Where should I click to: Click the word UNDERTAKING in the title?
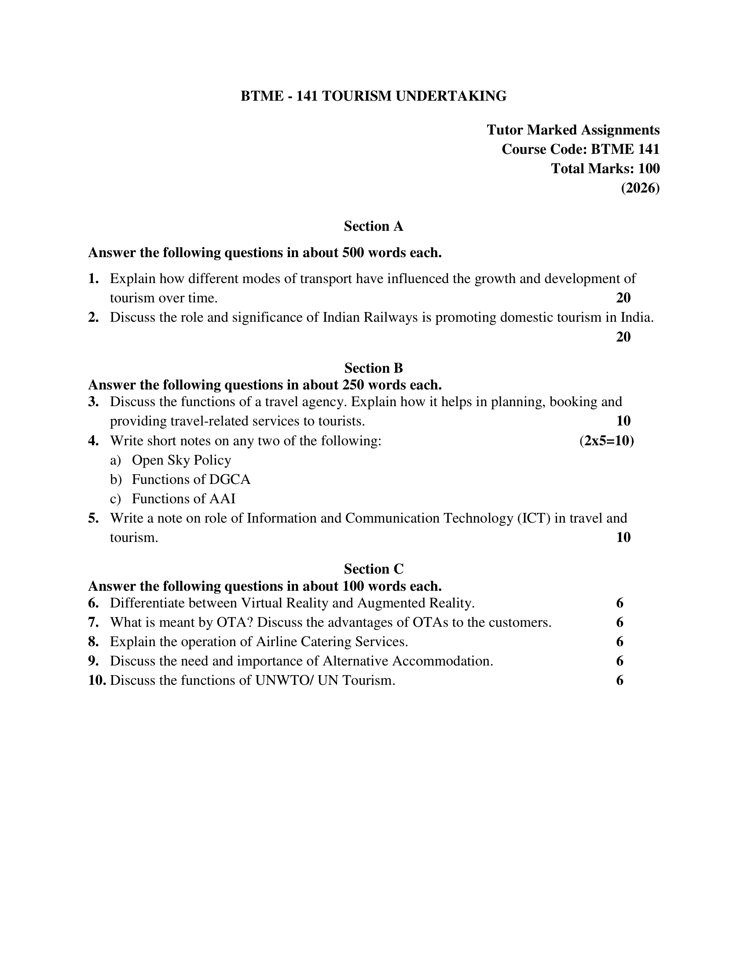tap(451, 96)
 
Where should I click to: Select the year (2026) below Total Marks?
tap(640, 188)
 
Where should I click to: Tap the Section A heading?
tap(373, 226)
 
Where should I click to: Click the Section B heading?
tap(373, 368)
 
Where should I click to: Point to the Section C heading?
tap(373, 568)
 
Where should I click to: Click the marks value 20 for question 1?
tap(623, 298)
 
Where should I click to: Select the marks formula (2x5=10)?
tap(606, 440)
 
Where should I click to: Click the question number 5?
tap(93, 518)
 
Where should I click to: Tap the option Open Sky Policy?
tap(181, 460)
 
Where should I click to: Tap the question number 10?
tap(97, 680)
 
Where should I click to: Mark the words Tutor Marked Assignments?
tap(573, 130)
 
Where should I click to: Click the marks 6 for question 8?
tap(620, 642)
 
